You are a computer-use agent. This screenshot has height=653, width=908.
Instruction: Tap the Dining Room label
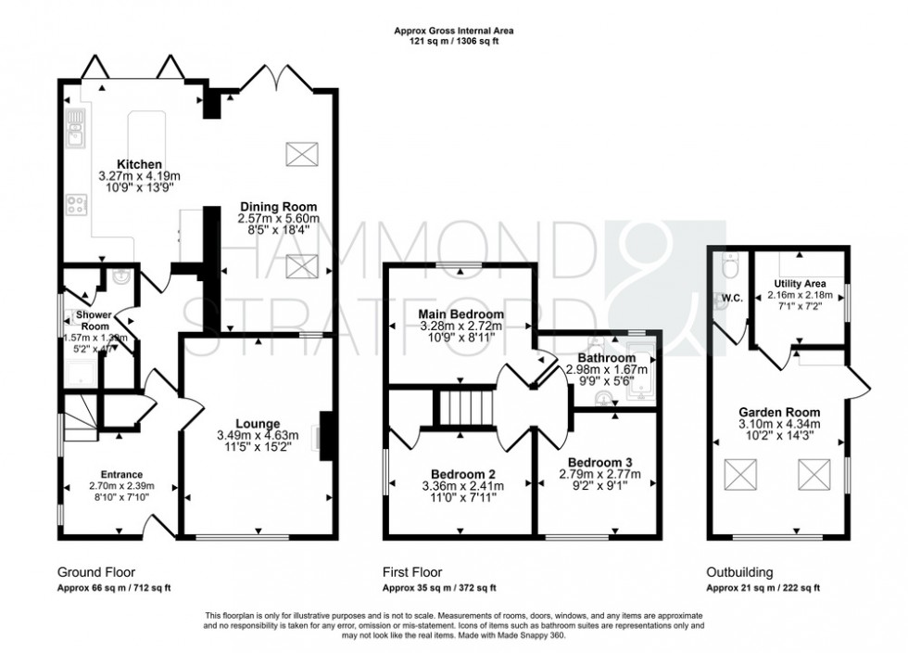(278, 206)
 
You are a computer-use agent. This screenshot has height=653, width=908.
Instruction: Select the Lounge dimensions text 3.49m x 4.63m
(257, 435)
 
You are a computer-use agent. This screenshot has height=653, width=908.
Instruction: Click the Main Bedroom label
(460, 315)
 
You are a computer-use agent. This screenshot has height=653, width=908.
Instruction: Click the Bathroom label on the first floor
(607, 358)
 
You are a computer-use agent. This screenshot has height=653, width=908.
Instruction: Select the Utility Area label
(801, 284)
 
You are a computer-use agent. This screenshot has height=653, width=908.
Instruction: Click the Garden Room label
(778, 412)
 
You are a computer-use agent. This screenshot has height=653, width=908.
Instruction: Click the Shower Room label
(95, 321)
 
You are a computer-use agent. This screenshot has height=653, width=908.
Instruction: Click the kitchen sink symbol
(75, 129)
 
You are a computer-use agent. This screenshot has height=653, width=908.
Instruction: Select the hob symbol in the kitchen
(76, 204)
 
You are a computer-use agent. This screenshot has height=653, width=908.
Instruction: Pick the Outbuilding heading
(739, 572)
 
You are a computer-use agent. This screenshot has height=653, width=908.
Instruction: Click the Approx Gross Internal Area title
(454, 31)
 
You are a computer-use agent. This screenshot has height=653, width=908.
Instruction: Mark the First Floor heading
(412, 572)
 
